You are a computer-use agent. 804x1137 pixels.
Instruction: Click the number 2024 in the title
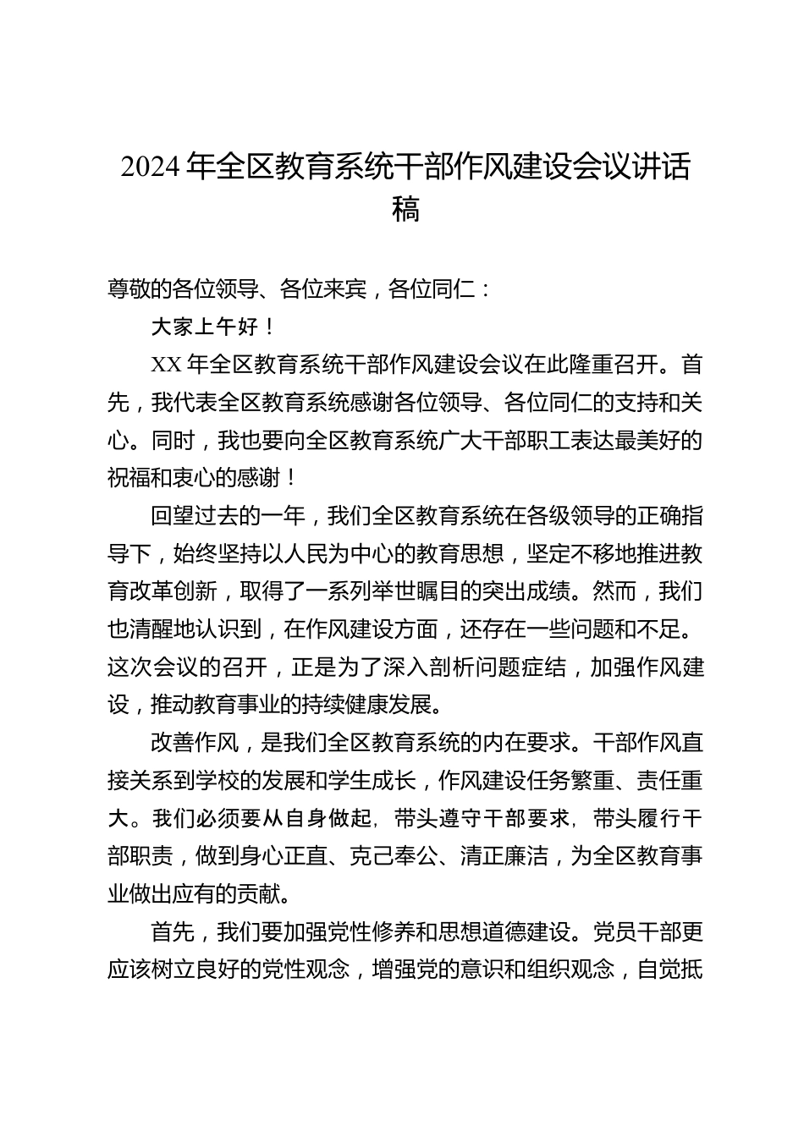[151, 169]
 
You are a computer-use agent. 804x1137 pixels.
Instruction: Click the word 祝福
[129, 479]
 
